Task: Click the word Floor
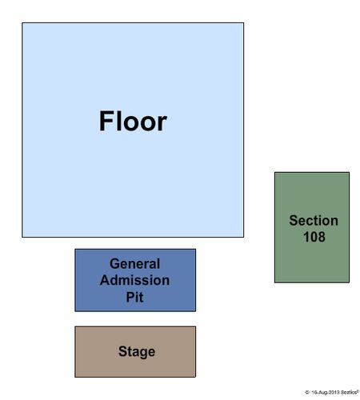(133, 122)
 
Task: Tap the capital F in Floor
(106, 122)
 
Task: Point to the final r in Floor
(162, 124)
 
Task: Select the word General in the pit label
(134, 264)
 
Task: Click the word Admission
(134, 280)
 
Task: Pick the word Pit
(134, 297)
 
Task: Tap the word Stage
(137, 352)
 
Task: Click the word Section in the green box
(314, 221)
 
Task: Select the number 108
(314, 237)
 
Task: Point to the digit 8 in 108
(322, 237)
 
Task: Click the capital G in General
(114, 264)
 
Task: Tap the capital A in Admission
(106, 280)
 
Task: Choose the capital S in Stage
(122, 351)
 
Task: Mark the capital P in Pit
(130, 297)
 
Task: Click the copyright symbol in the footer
(307, 392)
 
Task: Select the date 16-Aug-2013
(326, 393)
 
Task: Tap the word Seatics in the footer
(349, 392)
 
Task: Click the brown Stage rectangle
(135, 352)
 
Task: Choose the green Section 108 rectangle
(312, 227)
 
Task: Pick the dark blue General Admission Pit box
(135, 280)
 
